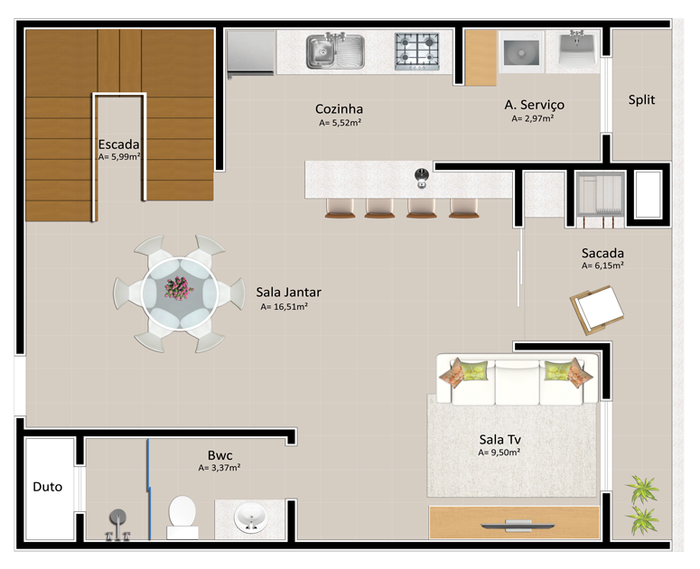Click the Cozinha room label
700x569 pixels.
[x=339, y=109]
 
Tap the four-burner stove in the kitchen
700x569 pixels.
[x=416, y=51]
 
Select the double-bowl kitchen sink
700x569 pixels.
[x=335, y=51]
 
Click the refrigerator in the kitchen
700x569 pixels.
[x=250, y=52]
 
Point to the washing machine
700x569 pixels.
[x=521, y=52]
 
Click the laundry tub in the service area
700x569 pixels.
[x=578, y=48]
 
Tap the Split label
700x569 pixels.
[x=641, y=99]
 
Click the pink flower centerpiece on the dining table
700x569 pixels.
[x=179, y=288]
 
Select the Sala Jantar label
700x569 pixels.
[x=288, y=293]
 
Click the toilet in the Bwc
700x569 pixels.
[x=182, y=518]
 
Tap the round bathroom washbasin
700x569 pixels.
[x=250, y=518]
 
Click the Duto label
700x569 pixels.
[x=47, y=487]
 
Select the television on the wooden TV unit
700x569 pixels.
[x=518, y=526]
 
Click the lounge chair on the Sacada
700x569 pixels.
[x=597, y=310]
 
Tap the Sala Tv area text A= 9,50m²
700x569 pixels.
[x=499, y=452]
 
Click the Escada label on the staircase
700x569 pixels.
[x=118, y=145]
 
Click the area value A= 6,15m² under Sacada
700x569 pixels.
[x=602, y=266]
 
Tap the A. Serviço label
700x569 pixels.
[x=535, y=105]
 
